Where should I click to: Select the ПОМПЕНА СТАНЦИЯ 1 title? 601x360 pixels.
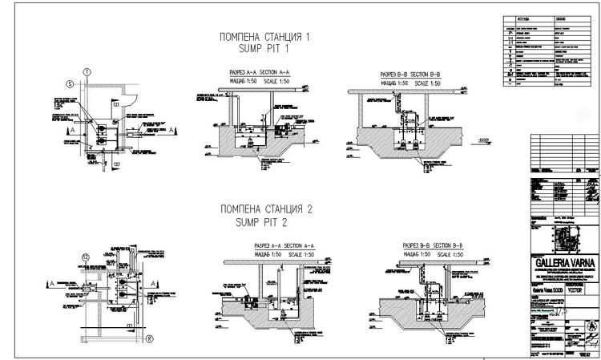point(264,37)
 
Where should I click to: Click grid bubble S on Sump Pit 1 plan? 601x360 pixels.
point(70,83)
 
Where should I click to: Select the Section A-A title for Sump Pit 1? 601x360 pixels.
point(259,72)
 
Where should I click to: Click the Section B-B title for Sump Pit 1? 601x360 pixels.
point(411,75)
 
